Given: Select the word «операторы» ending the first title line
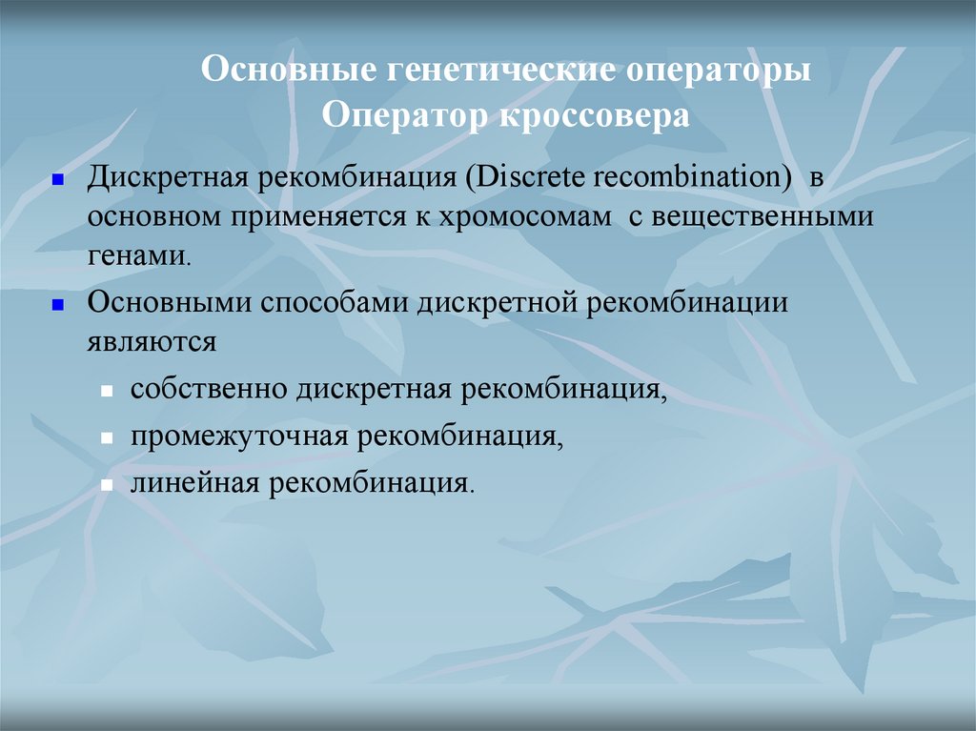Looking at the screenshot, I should [x=719, y=73].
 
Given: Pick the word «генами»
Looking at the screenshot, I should [x=138, y=254].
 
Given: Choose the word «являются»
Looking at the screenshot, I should [x=152, y=341].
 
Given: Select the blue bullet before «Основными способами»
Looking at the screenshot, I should [x=57, y=305].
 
